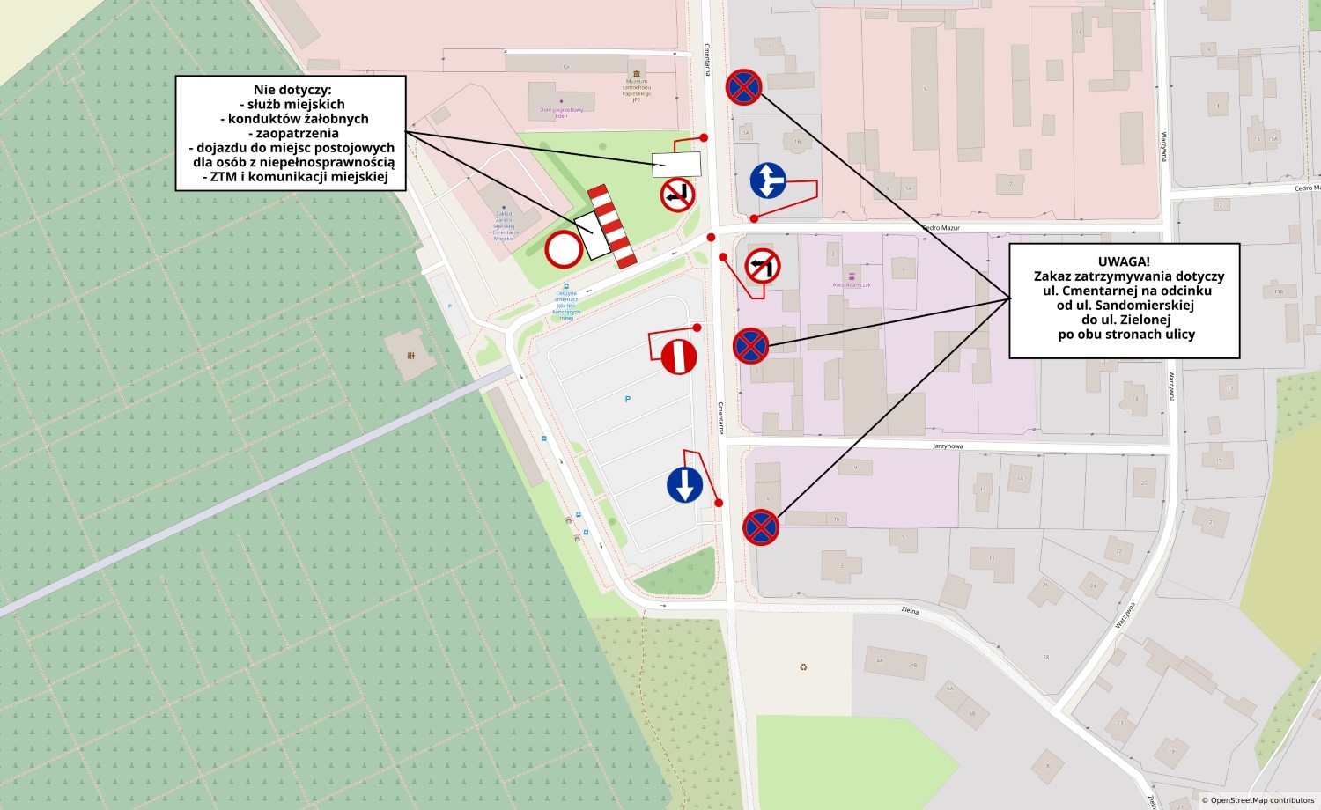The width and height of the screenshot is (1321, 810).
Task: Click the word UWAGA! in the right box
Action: click(x=1124, y=261)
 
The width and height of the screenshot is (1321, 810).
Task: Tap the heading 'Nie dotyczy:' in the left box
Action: click(x=292, y=90)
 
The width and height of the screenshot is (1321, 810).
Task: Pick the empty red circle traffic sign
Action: click(x=564, y=250)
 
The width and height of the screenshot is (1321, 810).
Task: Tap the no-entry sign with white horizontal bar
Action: click(x=679, y=357)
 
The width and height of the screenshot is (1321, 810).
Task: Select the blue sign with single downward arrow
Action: click(x=684, y=485)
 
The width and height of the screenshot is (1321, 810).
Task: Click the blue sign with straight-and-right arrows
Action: click(x=768, y=180)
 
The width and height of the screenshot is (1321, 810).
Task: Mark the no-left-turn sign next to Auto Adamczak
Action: click(x=763, y=265)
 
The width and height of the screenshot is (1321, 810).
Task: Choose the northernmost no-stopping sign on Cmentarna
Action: click(x=743, y=87)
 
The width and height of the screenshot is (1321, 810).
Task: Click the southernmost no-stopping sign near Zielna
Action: click(x=761, y=527)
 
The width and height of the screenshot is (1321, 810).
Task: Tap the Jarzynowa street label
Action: click(x=948, y=446)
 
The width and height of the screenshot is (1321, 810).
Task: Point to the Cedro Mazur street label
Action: click(x=941, y=228)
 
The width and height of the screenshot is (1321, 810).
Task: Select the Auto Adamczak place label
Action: click(x=852, y=284)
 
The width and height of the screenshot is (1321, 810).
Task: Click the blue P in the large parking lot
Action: click(x=628, y=400)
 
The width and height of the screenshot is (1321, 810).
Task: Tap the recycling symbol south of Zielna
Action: click(x=803, y=666)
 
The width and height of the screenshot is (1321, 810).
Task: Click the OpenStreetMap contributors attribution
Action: click(x=1260, y=800)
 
